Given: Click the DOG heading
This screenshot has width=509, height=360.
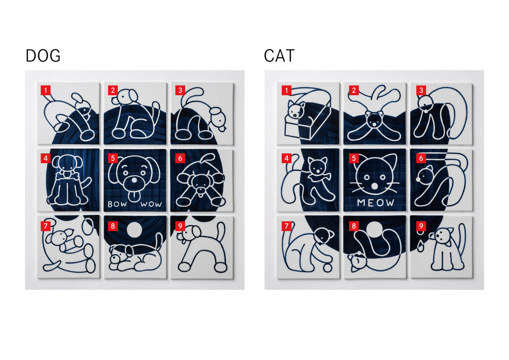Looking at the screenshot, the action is coord(43,56).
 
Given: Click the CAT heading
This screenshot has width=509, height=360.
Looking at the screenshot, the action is coord(279,56).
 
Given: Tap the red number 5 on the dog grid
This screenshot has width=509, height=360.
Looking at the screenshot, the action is coord(113,158).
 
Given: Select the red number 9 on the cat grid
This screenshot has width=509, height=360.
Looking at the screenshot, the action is coord(421,226).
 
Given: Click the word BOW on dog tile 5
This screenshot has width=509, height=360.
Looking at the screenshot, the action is coord(117,204).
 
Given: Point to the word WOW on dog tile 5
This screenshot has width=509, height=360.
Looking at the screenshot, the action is coord(151,204).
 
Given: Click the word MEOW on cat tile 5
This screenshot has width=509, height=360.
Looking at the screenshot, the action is coord(375,203).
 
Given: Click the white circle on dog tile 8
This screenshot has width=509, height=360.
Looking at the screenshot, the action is coord(134,230).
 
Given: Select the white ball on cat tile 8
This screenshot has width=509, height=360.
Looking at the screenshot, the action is coord(375,230).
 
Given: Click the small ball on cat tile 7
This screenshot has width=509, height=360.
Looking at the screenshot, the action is coord(327,268).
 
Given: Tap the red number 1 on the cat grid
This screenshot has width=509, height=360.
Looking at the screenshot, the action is coord(286,90).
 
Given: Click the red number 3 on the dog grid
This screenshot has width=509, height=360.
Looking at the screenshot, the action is coord(180,90).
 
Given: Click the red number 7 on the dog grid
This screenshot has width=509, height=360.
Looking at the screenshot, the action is coord(45,226).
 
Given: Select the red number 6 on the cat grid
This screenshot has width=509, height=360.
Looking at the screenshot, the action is coord(421,158).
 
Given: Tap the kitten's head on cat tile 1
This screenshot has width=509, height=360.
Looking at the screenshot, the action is coord(296,110).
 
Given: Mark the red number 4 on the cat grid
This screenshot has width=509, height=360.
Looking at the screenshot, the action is coord(286,158).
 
